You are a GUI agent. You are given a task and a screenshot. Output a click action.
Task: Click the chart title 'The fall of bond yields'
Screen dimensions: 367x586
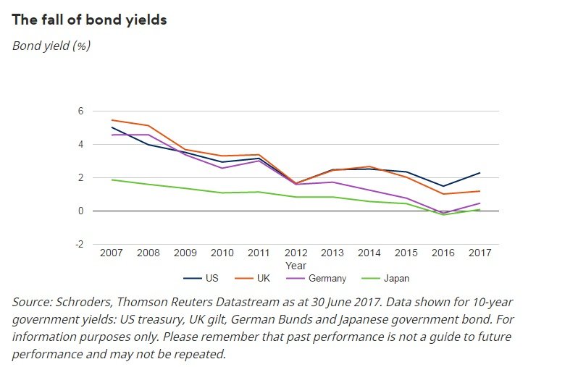89,20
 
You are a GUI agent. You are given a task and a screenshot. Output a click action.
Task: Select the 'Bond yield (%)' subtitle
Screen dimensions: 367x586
51,46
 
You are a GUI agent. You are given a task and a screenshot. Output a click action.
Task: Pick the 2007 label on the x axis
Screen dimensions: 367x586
111,253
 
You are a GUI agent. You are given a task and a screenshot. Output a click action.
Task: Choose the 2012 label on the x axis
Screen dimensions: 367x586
296,253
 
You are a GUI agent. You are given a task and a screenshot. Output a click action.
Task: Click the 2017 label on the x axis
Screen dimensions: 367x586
480,253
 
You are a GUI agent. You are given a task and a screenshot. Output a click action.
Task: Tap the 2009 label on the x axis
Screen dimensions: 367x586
185,253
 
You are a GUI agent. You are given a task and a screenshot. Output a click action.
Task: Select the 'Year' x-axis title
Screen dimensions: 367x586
296,266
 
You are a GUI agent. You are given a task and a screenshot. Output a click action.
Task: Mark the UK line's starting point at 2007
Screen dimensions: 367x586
111,120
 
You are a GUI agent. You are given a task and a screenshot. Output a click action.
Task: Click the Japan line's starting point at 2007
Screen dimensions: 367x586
111,180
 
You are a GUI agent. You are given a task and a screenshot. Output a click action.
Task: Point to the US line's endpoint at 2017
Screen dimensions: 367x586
480,173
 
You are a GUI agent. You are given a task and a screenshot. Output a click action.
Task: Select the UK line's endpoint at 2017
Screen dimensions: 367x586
480,191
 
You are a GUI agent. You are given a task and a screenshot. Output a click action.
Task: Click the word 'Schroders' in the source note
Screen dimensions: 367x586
85,302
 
